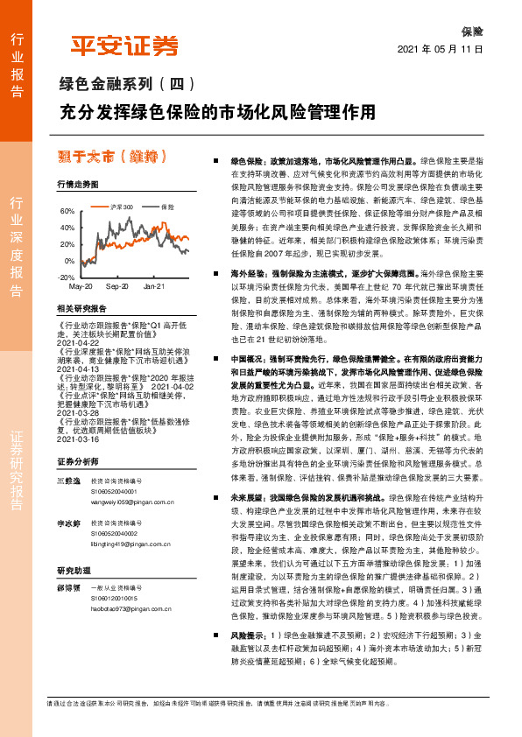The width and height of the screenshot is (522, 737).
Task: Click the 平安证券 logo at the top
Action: (123, 46)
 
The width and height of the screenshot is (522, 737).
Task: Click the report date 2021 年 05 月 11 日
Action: (441, 50)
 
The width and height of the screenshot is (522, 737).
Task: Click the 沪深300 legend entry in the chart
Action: (121, 207)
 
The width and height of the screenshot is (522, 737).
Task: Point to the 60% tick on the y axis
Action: (67, 213)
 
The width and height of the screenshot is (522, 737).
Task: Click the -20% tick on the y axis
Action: (66, 277)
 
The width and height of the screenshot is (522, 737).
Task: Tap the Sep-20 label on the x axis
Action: (116, 286)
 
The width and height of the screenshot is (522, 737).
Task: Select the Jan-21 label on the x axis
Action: (154, 286)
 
